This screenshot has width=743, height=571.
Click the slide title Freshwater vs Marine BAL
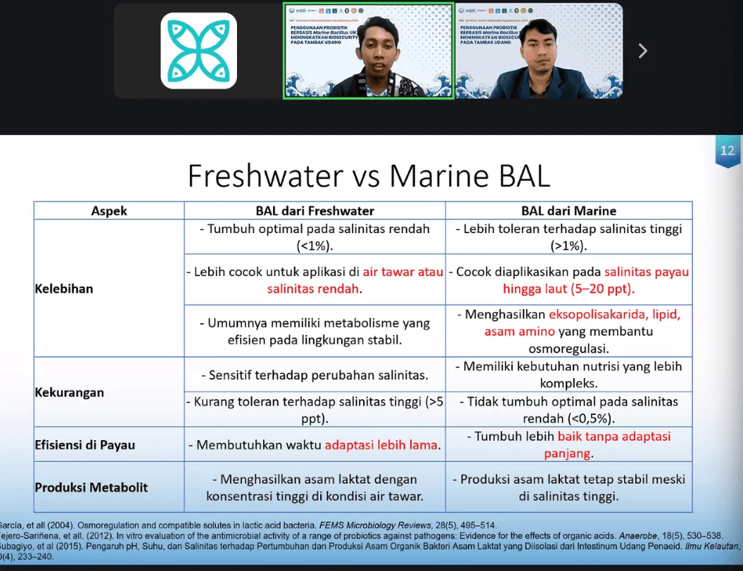click(x=369, y=176)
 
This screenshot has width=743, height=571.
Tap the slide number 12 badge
click(x=728, y=151)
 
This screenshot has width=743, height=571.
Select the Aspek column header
click(x=109, y=211)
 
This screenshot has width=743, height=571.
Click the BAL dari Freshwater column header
click(x=315, y=211)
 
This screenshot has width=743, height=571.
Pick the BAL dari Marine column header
click(x=569, y=211)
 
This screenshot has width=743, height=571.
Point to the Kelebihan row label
click(x=64, y=289)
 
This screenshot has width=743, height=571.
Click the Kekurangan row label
click(x=69, y=392)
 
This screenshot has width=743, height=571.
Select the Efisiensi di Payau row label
click(x=84, y=445)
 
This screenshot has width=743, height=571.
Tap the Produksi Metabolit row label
click(x=91, y=487)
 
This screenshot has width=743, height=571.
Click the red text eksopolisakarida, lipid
click(x=615, y=315)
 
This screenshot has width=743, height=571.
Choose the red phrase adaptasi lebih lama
click(x=381, y=445)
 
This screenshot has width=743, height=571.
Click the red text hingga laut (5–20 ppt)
click(x=569, y=289)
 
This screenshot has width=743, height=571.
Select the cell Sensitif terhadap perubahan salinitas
click(x=315, y=375)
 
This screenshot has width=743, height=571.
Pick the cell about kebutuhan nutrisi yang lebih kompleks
click(x=569, y=375)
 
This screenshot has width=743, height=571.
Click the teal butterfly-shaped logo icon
click(x=198, y=51)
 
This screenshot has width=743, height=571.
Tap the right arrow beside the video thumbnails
click(x=642, y=51)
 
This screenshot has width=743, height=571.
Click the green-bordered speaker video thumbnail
click(x=368, y=51)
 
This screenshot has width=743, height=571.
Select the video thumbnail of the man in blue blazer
click(x=538, y=51)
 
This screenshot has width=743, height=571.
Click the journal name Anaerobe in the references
click(x=634, y=534)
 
